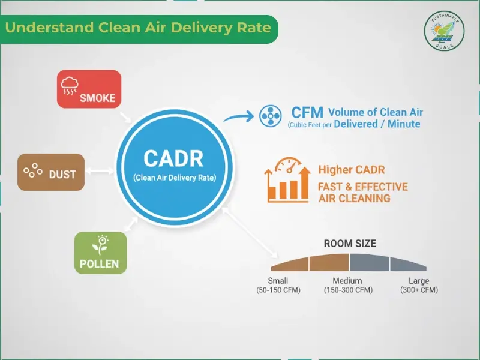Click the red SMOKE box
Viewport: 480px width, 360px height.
point(89,89)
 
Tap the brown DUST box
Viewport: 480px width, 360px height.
point(51,173)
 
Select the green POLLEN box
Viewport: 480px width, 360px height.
point(100,253)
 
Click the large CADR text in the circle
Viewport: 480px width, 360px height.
point(173,158)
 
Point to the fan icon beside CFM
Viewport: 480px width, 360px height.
point(270,116)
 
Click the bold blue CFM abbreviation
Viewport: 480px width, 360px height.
point(307,112)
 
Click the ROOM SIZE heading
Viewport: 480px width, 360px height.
point(350,244)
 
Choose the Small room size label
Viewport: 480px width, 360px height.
point(278,281)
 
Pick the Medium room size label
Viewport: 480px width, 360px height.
point(347,281)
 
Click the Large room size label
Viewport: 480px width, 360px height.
point(419,281)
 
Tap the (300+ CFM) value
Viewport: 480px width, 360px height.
point(419,290)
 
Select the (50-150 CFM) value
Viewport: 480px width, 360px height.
point(278,290)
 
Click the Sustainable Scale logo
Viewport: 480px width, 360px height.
point(445,30)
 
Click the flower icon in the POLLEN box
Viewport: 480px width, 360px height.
point(99,244)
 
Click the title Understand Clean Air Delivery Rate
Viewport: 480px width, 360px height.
point(138,28)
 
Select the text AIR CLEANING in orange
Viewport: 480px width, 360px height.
point(354,198)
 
